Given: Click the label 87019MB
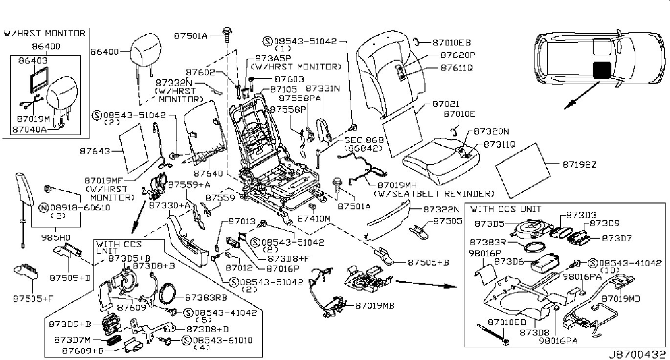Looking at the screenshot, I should [375, 306].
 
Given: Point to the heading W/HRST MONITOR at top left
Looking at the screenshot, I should [45, 33].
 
